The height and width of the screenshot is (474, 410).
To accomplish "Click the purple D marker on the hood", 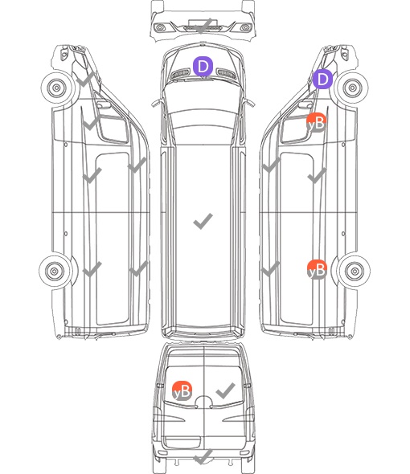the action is [x=203, y=66].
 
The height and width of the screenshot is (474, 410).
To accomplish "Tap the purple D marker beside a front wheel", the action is [x=322, y=79].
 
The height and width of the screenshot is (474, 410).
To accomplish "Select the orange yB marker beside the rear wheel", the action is [x=317, y=269].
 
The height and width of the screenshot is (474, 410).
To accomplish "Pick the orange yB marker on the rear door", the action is [x=182, y=391].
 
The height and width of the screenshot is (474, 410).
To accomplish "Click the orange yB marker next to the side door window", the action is [x=317, y=123].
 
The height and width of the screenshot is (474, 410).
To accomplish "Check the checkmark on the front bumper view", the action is [x=203, y=26].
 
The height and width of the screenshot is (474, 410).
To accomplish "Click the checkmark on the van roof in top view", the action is [x=203, y=221].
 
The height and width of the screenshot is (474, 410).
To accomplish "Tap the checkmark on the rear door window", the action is [x=226, y=390].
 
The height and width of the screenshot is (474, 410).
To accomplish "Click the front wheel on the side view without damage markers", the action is [x=57, y=88].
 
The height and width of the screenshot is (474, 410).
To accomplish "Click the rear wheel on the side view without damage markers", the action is [x=55, y=272].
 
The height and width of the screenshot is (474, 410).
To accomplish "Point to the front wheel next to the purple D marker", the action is [x=352, y=88].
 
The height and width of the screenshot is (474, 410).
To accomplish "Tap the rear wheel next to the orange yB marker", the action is [x=354, y=272].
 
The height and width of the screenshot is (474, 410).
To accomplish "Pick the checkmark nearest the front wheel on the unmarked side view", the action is [x=86, y=80].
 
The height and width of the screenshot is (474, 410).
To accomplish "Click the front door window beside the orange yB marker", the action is [x=296, y=129].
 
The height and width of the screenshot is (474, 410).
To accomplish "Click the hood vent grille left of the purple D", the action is [x=180, y=74].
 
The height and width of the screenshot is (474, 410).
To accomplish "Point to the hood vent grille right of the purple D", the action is [x=227, y=74].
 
